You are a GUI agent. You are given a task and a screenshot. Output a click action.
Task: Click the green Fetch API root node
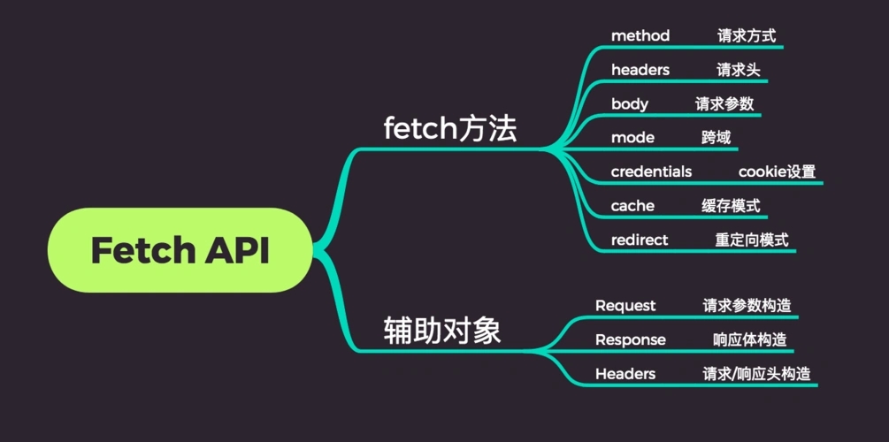click(180, 250)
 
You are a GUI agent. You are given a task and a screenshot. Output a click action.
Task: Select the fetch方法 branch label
click(449, 130)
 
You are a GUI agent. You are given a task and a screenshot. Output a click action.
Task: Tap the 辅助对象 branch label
click(442, 331)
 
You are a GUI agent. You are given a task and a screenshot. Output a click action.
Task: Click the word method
click(640, 36)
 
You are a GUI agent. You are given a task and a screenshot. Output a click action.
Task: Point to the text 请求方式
click(747, 36)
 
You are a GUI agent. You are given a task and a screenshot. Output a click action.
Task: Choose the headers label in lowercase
click(640, 70)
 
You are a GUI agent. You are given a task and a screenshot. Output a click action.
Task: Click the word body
click(630, 104)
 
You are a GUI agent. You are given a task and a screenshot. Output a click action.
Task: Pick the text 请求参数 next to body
click(724, 104)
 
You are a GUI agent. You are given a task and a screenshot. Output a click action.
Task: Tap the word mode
click(632, 138)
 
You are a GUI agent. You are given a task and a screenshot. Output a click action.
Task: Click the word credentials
click(651, 171)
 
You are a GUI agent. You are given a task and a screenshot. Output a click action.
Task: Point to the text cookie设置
click(777, 171)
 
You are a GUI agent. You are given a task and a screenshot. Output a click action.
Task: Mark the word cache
click(632, 206)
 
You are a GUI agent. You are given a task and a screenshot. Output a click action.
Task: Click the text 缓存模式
click(731, 206)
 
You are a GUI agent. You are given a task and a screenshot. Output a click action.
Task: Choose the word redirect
click(640, 240)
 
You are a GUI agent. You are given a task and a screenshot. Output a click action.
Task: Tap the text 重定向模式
click(752, 240)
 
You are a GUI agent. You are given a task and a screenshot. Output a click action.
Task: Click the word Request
click(625, 306)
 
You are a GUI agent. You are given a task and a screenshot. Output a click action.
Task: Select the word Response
click(631, 339)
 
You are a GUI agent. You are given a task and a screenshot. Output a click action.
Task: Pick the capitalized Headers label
click(625, 374)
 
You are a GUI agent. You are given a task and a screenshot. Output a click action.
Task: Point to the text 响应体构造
click(749, 339)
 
